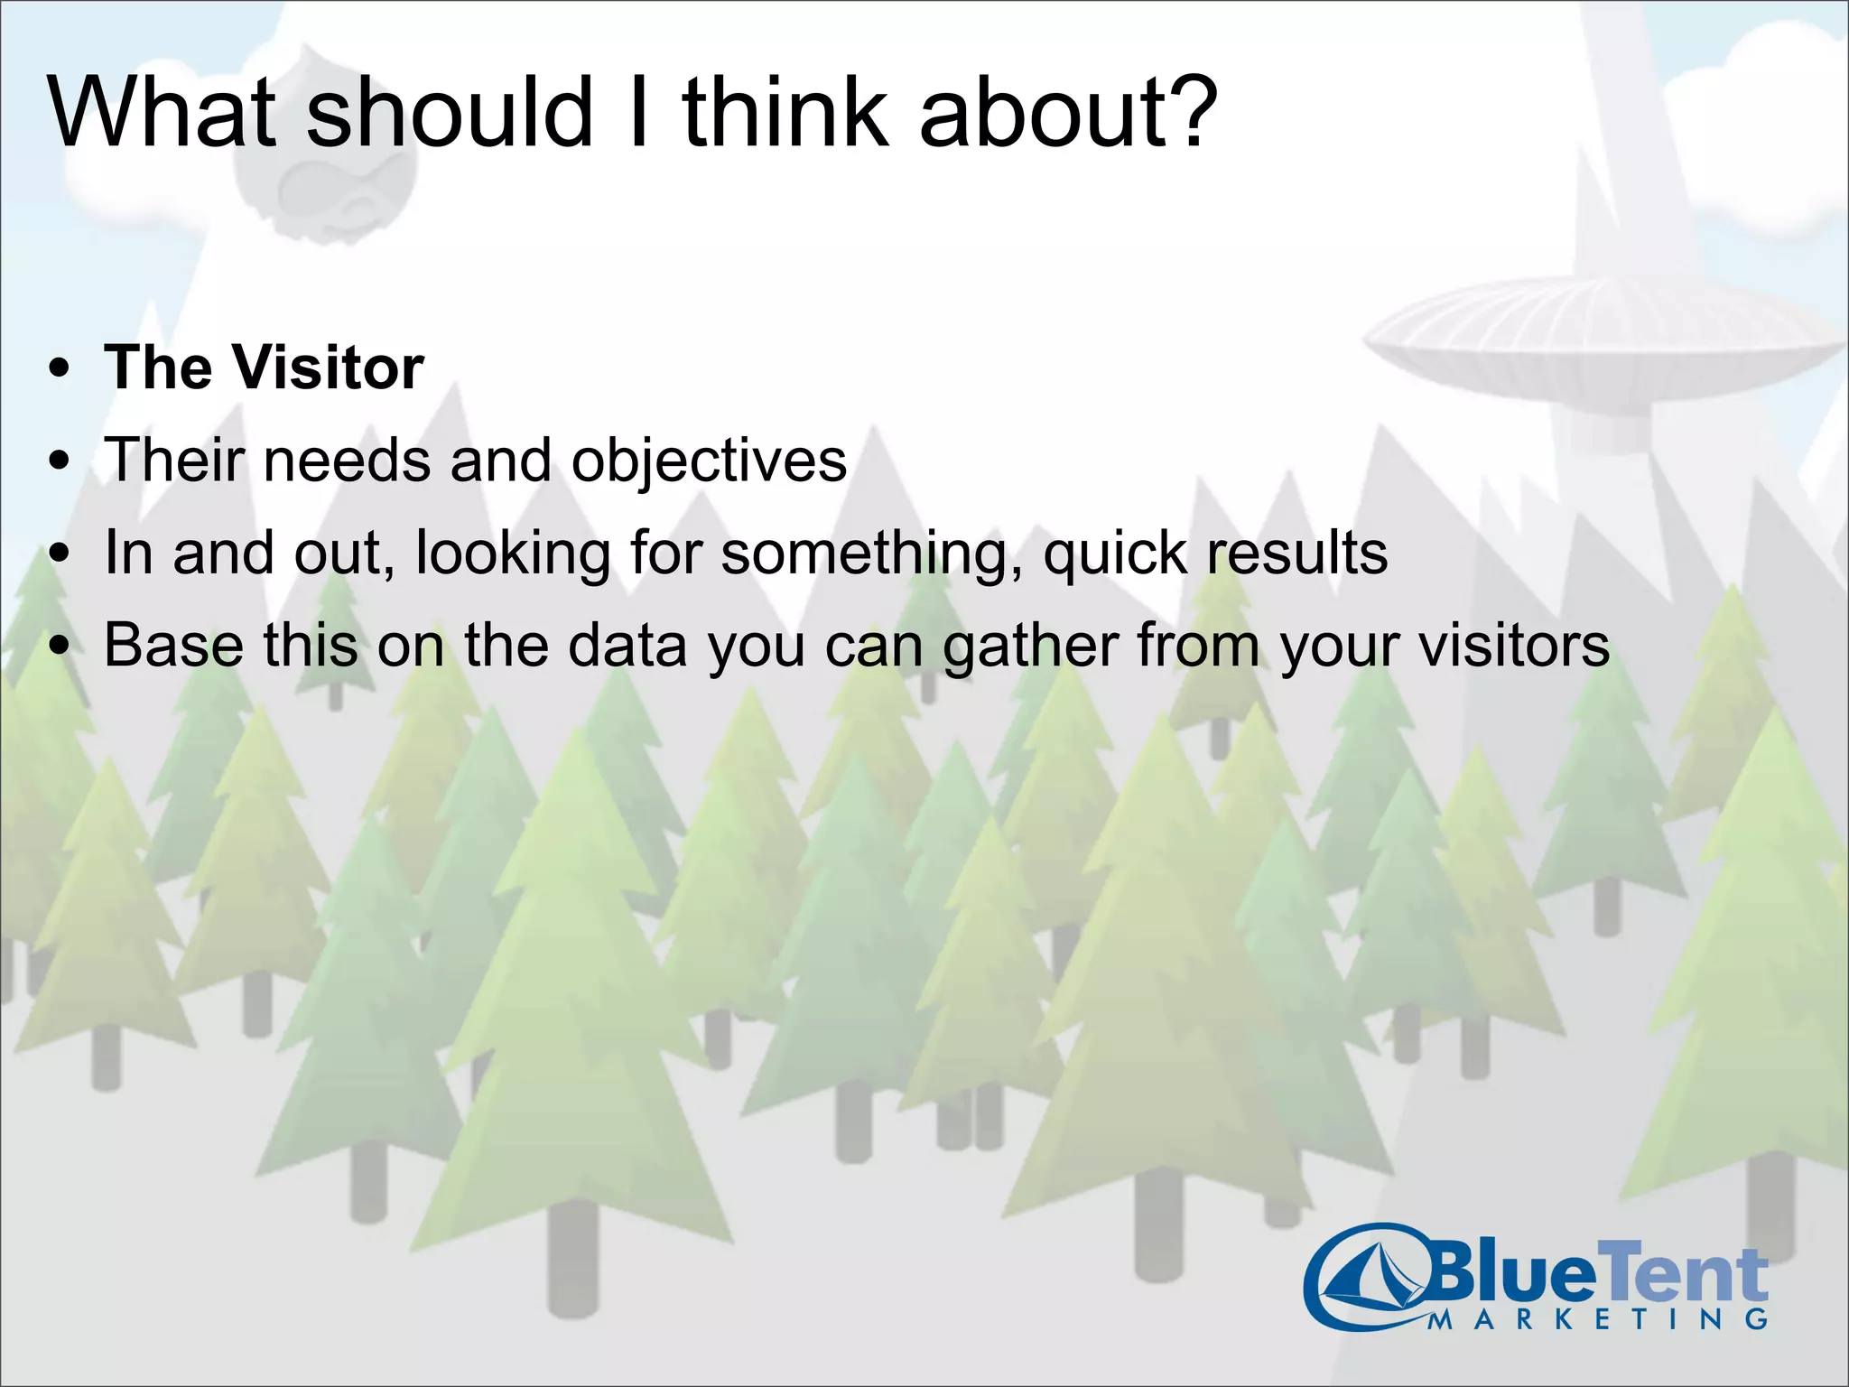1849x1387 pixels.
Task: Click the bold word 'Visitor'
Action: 328,368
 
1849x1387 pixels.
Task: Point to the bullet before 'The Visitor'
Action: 60,369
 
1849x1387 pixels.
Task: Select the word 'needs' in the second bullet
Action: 348,461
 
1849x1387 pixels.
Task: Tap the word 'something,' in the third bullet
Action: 871,554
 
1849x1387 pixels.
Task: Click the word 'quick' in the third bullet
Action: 1115,554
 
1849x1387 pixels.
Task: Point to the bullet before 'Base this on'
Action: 60,647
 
